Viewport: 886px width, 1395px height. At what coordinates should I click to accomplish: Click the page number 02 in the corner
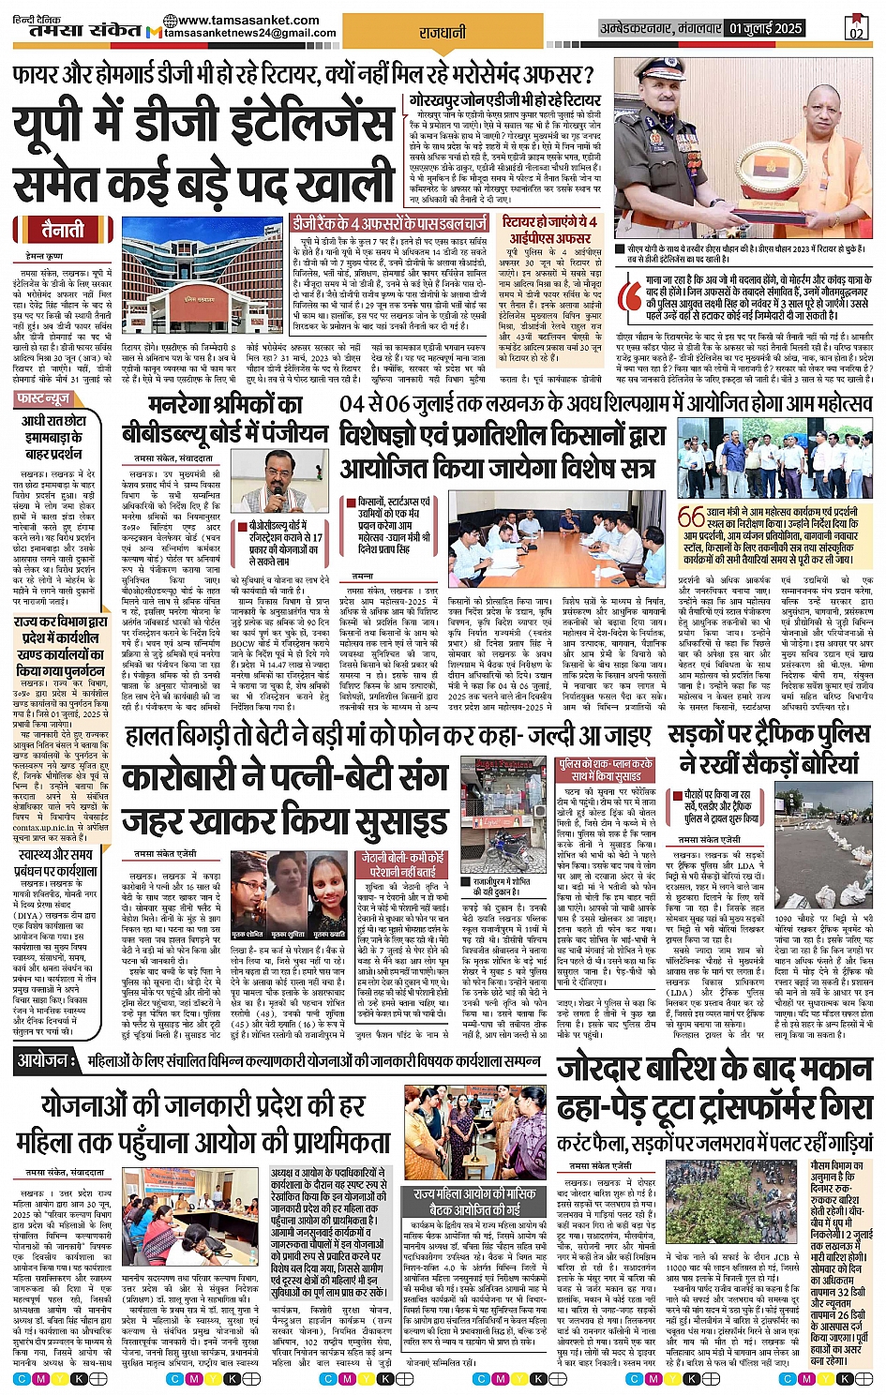(x=855, y=29)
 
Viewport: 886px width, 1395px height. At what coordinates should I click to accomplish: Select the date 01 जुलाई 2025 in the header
(x=766, y=28)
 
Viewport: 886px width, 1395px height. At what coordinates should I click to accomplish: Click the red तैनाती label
(x=63, y=229)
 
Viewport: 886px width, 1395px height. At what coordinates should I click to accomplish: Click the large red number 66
(x=691, y=517)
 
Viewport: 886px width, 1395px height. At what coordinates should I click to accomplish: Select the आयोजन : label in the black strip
(x=44, y=1060)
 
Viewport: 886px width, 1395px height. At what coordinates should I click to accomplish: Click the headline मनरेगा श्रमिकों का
(x=225, y=405)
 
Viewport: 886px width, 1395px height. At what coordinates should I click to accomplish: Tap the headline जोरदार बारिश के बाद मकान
(x=714, y=1071)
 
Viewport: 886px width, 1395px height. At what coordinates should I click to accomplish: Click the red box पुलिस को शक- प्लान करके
(x=605, y=771)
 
